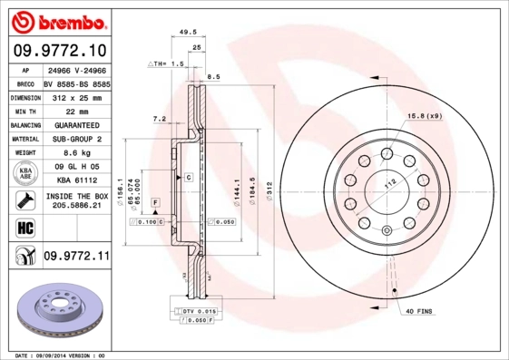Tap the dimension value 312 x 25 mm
click(x=76, y=96)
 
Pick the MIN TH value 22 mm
click(x=76, y=111)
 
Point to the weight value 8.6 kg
click(x=76, y=154)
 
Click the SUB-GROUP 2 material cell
click(x=76, y=140)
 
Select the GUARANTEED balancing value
click(x=76, y=125)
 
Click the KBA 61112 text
click(x=76, y=180)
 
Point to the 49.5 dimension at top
click(x=189, y=31)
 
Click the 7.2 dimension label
click(x=160, y=118)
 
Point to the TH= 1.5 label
click(x=166, y=65)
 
